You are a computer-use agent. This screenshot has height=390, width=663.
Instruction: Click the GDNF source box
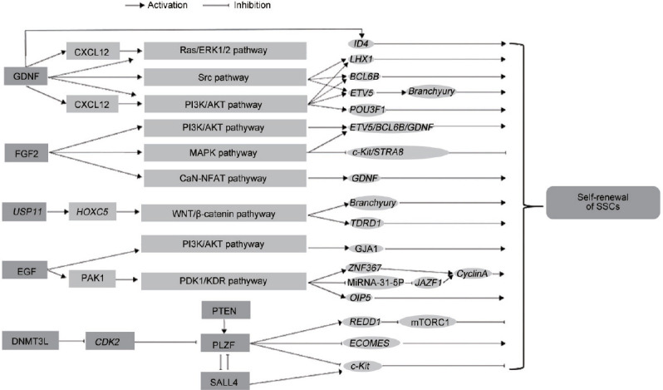click(x=26, y=77)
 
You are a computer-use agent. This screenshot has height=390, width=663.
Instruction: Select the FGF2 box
click(x=27, y=153)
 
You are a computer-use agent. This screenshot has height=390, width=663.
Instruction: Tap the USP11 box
click(x=25, y=211)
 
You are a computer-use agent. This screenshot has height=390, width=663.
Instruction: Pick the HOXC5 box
click(x=92, y=211)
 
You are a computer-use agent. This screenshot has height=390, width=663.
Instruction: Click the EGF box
click(x=25, y=270)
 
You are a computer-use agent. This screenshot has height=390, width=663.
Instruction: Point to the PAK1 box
click(x=92, y=279)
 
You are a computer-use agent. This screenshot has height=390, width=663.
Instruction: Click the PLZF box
click(x=224, y=343)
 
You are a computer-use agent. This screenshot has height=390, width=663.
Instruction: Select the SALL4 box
click(x=224, y=381)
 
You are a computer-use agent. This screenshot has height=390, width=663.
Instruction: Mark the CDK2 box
click(x=110, y=341)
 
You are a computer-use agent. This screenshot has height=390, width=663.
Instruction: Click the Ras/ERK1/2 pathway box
click(x=225, y=51)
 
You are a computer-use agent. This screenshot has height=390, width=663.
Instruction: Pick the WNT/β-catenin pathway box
click(x=223, y=213)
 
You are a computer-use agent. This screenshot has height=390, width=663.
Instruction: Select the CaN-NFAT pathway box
click(x=225, y=178)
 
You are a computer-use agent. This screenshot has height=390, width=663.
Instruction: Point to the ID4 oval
click(x=361, y=43)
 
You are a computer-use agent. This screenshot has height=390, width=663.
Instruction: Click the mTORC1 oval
click(x=428, y=323)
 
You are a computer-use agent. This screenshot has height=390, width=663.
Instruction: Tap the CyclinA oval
click(x=471, y=274)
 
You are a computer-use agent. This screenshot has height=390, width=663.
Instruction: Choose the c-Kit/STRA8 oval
click(x=397, y=152)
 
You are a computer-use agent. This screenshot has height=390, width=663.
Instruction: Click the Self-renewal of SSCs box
click(x=603, y=202)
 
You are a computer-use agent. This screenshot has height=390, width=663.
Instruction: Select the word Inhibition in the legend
click(x=252, y=5)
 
